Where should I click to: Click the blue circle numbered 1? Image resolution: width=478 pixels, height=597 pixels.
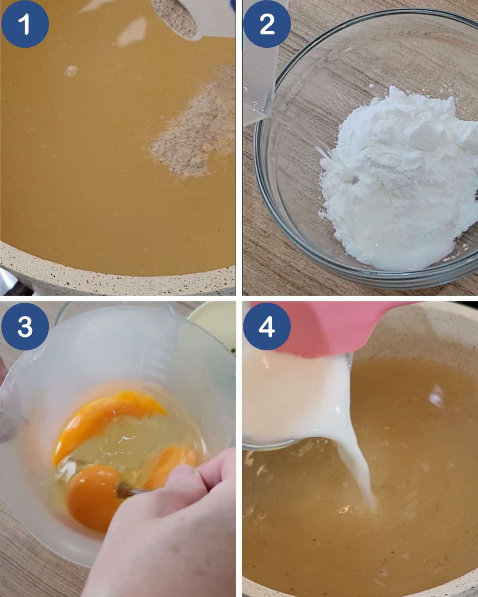point(25,24)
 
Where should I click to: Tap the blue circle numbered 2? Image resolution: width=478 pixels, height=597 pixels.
point(267,24)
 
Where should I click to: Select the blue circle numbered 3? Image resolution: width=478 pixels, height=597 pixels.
point(25,326)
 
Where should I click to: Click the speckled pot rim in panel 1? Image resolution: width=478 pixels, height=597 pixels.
point(119,281)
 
